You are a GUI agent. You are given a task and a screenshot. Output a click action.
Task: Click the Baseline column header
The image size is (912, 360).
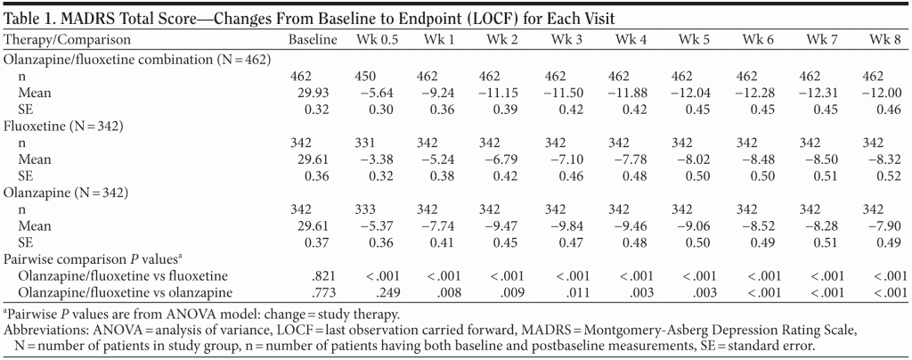coord(313,40)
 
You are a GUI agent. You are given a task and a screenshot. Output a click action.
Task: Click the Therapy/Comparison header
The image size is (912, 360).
coord(68,40)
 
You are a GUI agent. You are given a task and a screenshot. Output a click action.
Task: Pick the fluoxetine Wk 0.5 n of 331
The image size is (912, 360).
coord(377,143)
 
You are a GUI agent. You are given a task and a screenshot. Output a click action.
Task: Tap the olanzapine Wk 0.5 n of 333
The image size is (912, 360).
coord(377,208)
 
